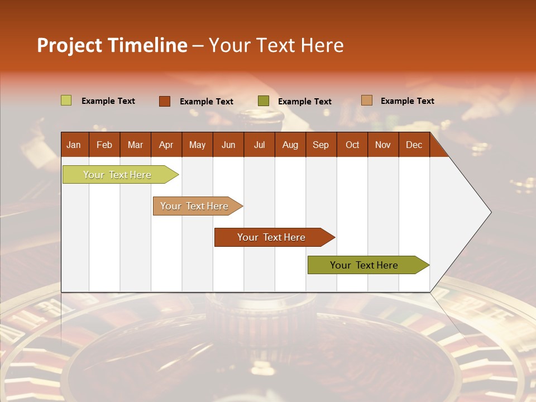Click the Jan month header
pos(74,145)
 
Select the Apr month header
pos(166,145)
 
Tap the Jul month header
pos(259,145)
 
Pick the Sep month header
pos(320,145)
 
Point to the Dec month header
pos(414,145)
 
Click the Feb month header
pos(104,145)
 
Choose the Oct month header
pos(352,145)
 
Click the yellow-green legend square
pos(66,100)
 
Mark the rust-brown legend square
pos(164,101)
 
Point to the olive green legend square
pos(264,101)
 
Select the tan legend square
pos(366,100)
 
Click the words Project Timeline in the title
pos(112,45)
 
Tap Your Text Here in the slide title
pos(276,45)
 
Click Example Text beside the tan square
pos(407,101)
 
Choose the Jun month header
pos(228,145)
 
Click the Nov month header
pos(382,145)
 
